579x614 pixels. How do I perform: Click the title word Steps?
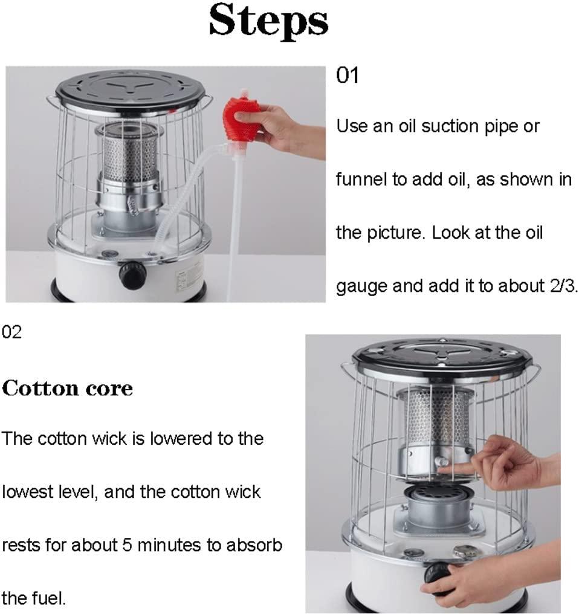click(268, 21)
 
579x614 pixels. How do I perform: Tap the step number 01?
click(347, 75)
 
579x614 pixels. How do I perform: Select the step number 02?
click(11, 332)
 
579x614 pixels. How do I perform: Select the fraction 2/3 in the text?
click(563, 286)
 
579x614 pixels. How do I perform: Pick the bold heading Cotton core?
click(67, 388)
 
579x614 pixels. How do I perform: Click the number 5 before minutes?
click(127, 546)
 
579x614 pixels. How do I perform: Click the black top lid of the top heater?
click(130, 89)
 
